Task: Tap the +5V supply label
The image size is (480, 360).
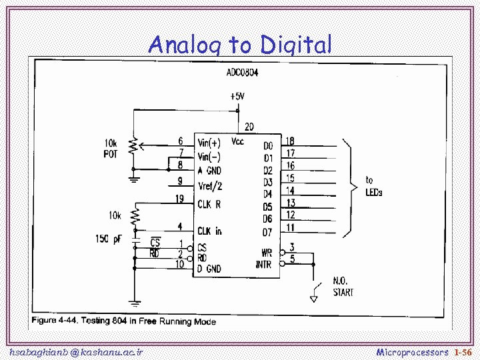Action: point(237,96)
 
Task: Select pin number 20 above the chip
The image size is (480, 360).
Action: point(249,126)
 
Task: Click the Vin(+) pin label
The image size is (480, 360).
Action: point(209,143)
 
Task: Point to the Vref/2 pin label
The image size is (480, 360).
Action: point(210,186)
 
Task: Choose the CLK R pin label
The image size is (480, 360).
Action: point(209,203)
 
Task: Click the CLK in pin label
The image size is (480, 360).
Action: point(209,231)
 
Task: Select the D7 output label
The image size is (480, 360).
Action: point(267,232)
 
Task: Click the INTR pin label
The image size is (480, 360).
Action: point(264,265)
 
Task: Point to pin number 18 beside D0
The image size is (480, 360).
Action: point(290,141)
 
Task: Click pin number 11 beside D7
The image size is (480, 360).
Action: point(290,227)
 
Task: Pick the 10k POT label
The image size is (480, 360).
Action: point(111,149)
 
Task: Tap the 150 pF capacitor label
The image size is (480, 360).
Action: point(108,238)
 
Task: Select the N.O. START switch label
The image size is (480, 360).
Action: point(343,287)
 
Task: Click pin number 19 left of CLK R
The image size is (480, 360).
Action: point(180,198)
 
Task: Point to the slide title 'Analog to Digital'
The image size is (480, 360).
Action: point(240,45)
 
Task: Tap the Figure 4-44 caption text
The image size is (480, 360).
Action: point(124,321)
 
